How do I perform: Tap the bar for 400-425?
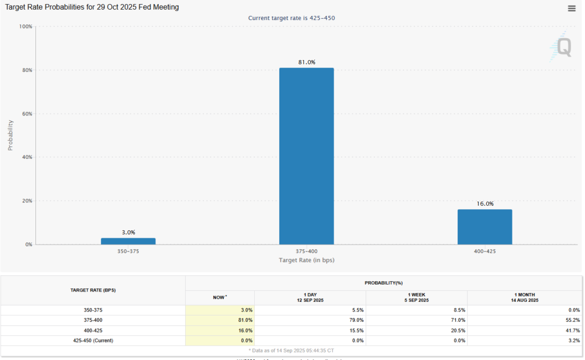[x=484, y=227]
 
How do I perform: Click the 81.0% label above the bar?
[x=306, y=62]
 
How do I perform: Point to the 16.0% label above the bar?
[x=485, y=203]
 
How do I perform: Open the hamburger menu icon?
[x=572, y=8]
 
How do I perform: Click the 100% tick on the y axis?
[x=26, y=26]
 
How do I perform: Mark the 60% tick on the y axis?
[x=27, y=114]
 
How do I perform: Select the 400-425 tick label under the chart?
[x=484, y=251]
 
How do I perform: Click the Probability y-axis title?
[x=10, y=135]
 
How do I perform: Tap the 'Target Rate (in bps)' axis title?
[x=306, y=260]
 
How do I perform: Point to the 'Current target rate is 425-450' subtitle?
[x=291, y=18]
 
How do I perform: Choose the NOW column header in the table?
[x=219, y=297]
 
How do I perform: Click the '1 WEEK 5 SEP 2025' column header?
[x=416, y=297]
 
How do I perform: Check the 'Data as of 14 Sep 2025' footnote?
[x=291, y=350]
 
